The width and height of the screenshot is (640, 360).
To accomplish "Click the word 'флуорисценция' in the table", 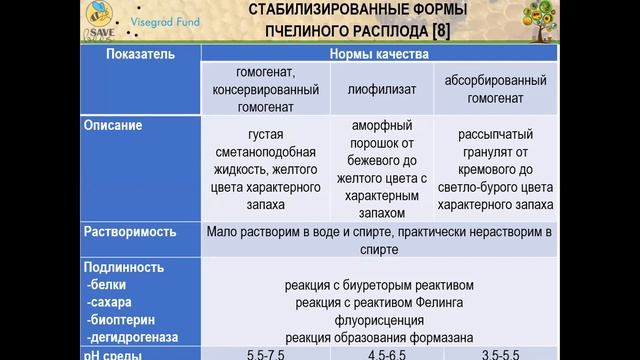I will (379, 319).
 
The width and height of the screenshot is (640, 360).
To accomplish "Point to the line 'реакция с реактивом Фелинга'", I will (379, 302).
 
